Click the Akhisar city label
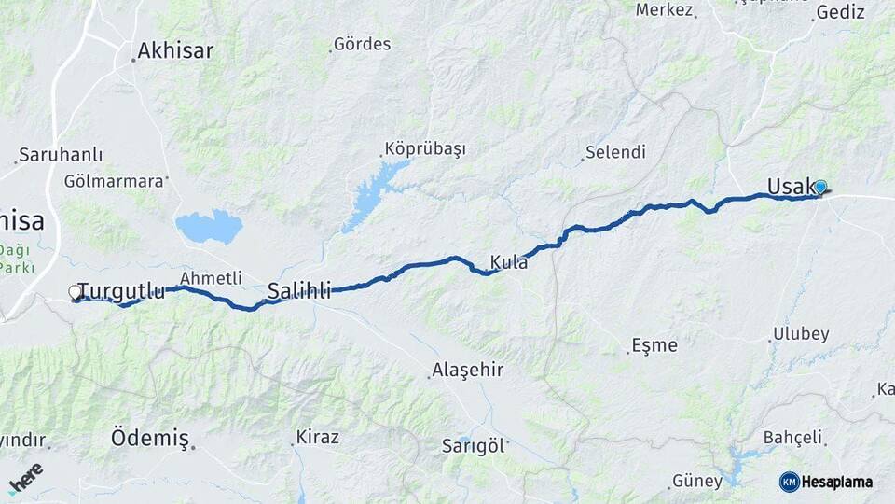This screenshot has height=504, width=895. pyautogui.click(x=175, y=49)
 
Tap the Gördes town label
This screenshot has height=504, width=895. pyautogui.click(x=362, y=44)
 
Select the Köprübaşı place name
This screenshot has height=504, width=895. pyautogui.click(x=424, y=149)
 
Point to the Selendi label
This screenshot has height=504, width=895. pyautogui.click(x=614, y=152)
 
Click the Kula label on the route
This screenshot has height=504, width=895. pyautogui.click(x=509, y=263)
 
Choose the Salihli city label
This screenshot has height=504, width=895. pyautogui.click(x=299, y=290)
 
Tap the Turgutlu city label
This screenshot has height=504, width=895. pyautogui.click(x=121, y=290)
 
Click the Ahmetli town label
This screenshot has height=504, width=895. pyautogui.click(x=211, y=277)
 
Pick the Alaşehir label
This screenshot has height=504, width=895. pyautogui.click(x=467, y=370)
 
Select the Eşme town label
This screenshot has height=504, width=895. pyautogui.click(x=654, y=344)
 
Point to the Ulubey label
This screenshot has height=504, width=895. pyautogui.click(x=802, y=334)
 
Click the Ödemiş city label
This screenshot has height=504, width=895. pyautogui.click(x=150, y=438)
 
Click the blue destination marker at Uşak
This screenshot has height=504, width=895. pyautogui.click(x=820, y=187)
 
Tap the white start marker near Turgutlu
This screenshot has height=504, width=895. pyautogui.click(x=76, y=293)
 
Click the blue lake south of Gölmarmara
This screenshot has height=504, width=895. pyautogui.click(x=209, y=227)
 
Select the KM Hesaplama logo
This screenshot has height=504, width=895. pyautogui.click(x=826, y=482)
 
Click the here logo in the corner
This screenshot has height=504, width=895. pyautogui.click(x=26, y=478)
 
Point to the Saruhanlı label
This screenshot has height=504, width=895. pyautogui.click(x=61, y=155)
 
